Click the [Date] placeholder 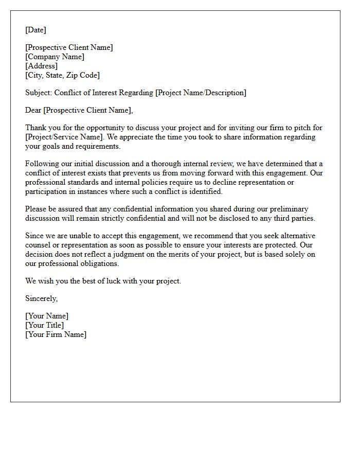35,30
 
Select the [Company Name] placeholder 55,57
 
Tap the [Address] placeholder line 41,66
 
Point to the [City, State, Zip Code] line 63,75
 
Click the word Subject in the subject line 38,93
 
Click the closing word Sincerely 41,298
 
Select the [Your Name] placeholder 47,316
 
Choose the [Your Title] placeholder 45,325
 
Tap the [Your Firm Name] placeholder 56,334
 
